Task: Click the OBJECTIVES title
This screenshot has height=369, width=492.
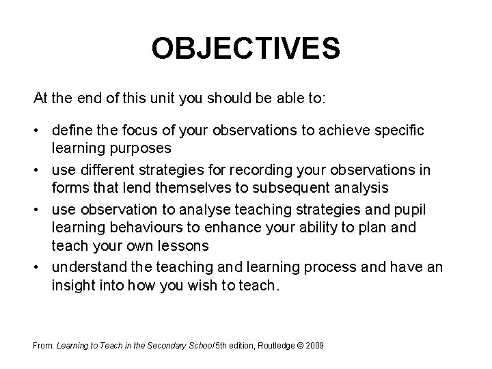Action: pos(245,49)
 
